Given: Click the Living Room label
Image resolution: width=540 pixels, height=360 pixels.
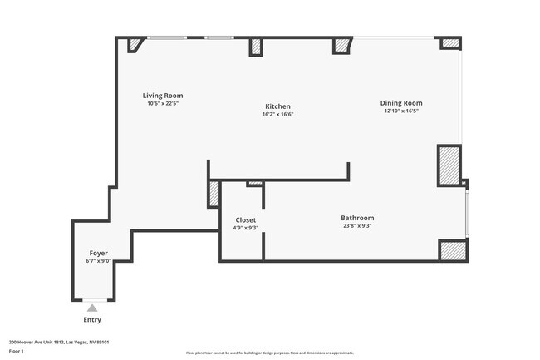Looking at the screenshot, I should (163, 96).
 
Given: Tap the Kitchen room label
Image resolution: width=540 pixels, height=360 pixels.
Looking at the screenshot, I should (277, 106).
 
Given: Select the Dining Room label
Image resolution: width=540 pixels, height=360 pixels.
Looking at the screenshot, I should (401, 103).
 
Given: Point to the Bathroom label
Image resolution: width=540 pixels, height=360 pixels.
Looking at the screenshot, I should (357, 218).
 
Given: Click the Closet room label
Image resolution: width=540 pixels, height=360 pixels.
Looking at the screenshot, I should (245, 220).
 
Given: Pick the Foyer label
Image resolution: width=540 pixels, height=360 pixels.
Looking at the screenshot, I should (98, 253).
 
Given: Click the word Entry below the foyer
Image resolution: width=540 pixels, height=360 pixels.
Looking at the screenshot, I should (92, 320).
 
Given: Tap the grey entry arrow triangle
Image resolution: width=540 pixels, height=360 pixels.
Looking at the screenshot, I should (92, 308).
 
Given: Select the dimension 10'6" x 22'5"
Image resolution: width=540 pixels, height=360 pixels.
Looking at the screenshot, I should (163, 104).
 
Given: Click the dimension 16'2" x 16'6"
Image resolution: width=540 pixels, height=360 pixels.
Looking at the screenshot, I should (277, 115).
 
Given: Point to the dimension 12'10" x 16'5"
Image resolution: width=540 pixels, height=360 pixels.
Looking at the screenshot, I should (401, 111).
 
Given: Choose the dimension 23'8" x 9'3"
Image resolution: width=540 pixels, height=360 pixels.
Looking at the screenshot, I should (357, 226).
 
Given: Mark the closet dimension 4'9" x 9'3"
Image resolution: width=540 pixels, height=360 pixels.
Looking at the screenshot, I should (245, 228).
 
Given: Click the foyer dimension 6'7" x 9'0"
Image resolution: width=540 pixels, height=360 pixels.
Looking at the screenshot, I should (98, 261).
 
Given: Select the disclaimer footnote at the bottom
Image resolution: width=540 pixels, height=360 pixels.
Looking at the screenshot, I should (270, 353).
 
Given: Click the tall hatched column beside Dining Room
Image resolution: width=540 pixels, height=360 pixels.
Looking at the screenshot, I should (449, 165).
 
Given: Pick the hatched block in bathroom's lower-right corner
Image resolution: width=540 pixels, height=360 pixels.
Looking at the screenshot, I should (453, 251).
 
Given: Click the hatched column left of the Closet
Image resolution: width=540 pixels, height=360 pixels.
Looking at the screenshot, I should (214, 194).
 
